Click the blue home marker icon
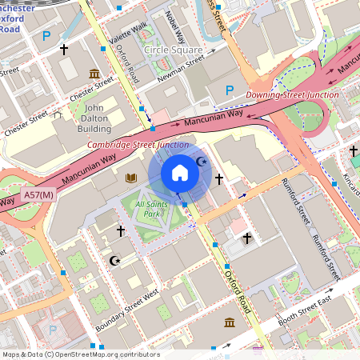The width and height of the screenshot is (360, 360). click(180, 173)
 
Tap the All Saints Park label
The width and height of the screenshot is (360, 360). click(150, 209)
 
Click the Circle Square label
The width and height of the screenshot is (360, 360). click(173, 50)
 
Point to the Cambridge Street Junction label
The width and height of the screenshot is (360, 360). click(138, 145)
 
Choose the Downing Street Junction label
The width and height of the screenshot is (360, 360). click(292, 94)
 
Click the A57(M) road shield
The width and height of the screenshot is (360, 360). click(38, 194)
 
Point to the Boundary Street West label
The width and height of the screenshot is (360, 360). click(126, 313)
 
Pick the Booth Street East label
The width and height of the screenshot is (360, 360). click(303, 311)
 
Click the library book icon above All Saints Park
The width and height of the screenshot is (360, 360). click(132, 177)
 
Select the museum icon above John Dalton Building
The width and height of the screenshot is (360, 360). click(94, 74)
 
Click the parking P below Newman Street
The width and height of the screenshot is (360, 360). click(230, 90)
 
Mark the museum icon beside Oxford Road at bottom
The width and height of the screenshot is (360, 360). click(230, 322)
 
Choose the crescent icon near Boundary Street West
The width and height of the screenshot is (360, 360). click(114, 261)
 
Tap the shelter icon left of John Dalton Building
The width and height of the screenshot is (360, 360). click(57, 114)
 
